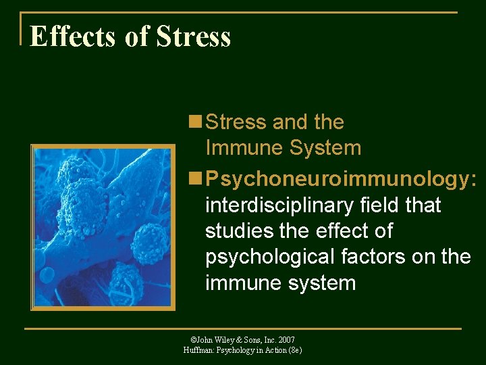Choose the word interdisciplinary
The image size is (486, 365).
tap(282, 205)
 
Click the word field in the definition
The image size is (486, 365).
tap(383, 205)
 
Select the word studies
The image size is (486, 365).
tap(238, 231)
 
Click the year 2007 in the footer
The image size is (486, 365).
tap(286, 339)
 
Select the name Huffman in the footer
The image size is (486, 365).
tap(198, 350)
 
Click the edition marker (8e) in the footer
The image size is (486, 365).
tap(294, 350)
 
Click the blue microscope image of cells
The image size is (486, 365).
tap(103, 226)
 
